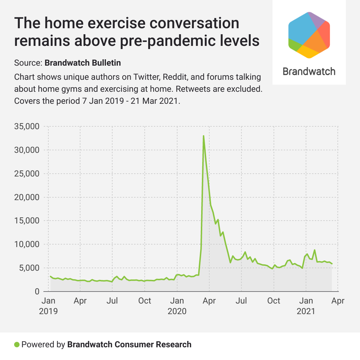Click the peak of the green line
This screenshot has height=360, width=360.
pos(204,136)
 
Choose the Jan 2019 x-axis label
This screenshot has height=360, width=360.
pos(48,306)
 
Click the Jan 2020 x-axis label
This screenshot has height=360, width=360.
pos(177,306)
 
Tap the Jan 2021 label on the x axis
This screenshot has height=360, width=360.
pos(306,306)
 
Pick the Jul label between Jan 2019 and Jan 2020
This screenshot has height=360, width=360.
pos(112,301)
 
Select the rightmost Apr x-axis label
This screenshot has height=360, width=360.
pos(338,301)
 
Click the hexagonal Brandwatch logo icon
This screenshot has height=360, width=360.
pos(309,34)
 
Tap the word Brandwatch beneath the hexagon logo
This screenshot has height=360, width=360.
pos(309,71)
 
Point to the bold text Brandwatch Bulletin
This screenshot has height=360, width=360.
pos(83,63)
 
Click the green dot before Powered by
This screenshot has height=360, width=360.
pos(17,344)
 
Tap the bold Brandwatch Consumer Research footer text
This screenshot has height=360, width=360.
pos(129,344)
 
